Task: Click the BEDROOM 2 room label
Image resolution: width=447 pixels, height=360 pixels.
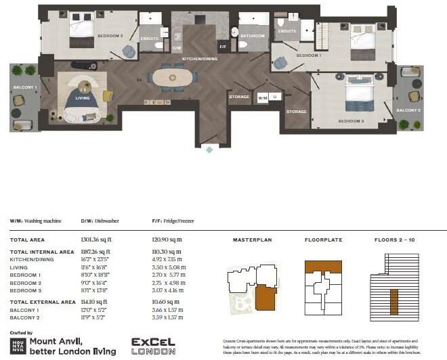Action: (110, 36)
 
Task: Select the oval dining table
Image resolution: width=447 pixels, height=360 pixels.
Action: (172, 77)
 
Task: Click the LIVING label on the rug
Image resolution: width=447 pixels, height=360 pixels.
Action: (83, 99)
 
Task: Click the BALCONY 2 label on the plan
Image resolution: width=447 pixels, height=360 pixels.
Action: (408, 110)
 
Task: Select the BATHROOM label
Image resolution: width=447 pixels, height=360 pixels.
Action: (253, 36)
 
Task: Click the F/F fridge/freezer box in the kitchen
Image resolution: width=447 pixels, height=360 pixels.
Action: (221, 47)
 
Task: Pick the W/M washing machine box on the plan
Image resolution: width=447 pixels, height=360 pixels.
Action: (263, 97)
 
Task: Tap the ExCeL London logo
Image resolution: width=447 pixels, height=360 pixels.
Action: (153, 346)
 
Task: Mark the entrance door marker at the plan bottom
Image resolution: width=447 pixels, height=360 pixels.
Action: (209, 149)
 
